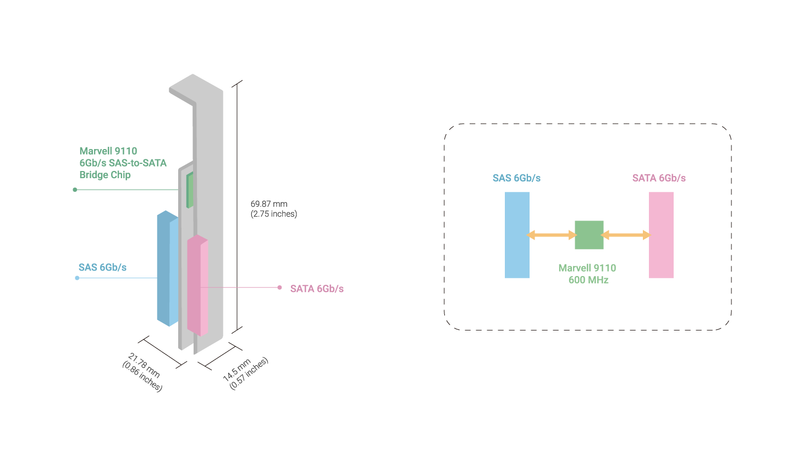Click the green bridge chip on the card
[190, 190]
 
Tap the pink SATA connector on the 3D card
[197, 285]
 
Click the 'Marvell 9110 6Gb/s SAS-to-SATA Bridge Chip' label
[122, 163]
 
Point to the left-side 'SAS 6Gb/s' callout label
[102, 267]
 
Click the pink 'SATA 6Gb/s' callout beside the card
[317, 289]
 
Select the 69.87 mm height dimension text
[273, 208]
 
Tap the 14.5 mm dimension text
[245, 373]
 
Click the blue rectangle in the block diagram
[517, 235]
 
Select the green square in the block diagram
[589, 235]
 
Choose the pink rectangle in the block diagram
[661, 235]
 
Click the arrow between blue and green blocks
[552, 235]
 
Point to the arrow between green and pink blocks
[626, 235]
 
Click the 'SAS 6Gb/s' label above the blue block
[516, 178]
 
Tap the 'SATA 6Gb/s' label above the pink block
[659, 178]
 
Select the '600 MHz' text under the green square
[588, 280]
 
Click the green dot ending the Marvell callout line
[75, 190]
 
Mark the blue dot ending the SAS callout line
[77, 278]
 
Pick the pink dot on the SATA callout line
[279, 287]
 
